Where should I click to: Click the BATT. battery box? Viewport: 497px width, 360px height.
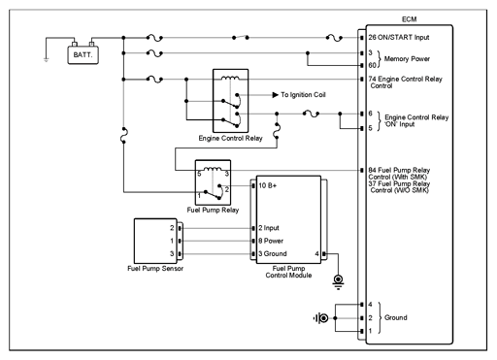(x=83, y=55)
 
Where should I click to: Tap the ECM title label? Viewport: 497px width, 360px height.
(x=409, y=19)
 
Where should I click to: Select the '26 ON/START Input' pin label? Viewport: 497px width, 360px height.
(x=399, y=38)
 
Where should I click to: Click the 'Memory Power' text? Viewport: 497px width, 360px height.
(x=407, y=59)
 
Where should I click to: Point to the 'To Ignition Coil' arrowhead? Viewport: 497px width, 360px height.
(x=276, y=95)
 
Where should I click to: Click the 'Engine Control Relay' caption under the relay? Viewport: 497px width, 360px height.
(x=230, y=138)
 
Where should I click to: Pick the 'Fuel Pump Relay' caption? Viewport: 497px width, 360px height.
(x=213, y=210)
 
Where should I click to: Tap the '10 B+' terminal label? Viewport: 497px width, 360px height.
(x=268, y=185)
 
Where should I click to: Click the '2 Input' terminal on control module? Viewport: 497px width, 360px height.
(x=269, y=228)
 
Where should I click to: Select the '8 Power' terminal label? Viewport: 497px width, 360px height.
(x=271, y=241)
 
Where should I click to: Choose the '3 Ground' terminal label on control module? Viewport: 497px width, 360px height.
(x=273, y=254)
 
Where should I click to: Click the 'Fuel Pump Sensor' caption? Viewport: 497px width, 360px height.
(x=155, y=269)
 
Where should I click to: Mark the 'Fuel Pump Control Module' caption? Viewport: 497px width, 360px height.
(x=288, y=272)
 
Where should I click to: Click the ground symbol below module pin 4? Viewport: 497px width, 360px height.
(x=338, y=281)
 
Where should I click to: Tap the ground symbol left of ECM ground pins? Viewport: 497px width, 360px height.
(x=320, y=318)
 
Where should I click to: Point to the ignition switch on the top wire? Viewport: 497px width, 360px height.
(x=241, y=37)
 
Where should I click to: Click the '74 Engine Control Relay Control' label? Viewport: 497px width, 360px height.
(x=405, y=82)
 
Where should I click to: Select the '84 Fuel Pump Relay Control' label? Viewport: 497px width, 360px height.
(x=399, y=174)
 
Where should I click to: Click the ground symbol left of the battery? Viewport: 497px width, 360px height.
(x=47, y=60)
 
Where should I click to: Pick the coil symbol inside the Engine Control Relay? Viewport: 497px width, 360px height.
(x=230, y=78)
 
